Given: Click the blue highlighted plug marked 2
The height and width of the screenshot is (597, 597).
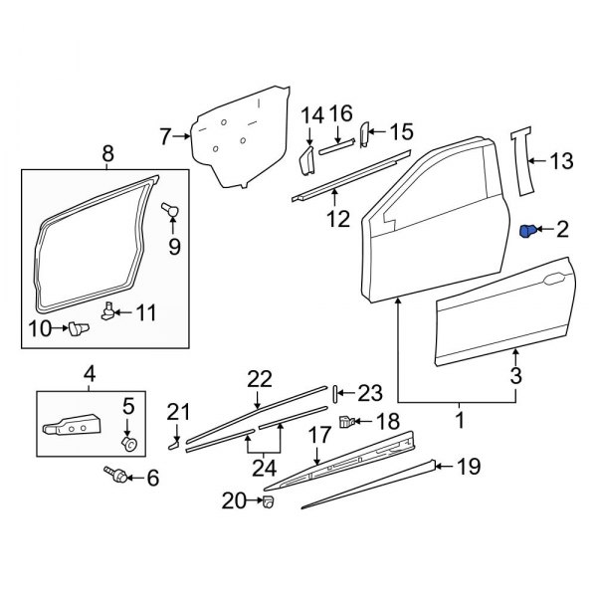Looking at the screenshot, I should (x=529, y=232).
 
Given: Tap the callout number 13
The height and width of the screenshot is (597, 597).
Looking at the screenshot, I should (x=562, y=160).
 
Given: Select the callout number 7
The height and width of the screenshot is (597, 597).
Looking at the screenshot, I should (x=167, y=136).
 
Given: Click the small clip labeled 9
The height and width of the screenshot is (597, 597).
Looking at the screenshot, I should (x=169, y=210).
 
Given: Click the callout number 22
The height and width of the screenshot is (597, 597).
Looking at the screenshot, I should (x=260, y=378).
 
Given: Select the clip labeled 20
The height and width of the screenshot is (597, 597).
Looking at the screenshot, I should (x=266, y=501).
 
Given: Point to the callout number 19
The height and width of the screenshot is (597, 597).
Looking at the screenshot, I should (x=468, y=465).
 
